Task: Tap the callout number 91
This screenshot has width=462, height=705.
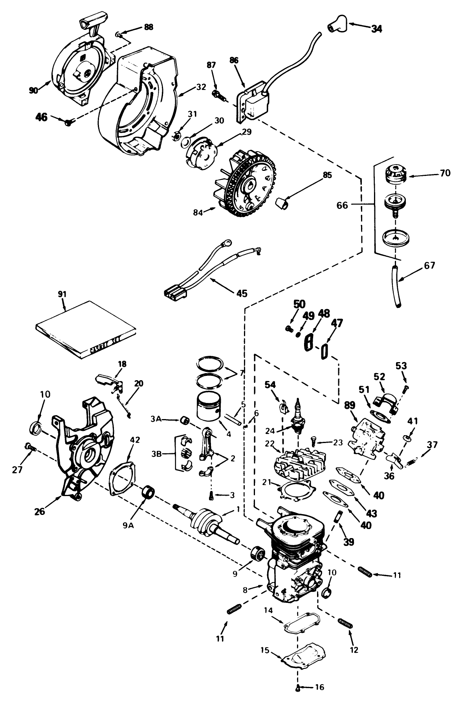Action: tap(62, 294)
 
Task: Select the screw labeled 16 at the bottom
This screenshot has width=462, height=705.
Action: tap(298, 698)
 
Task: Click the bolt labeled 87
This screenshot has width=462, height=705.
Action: tap(217, 94)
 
